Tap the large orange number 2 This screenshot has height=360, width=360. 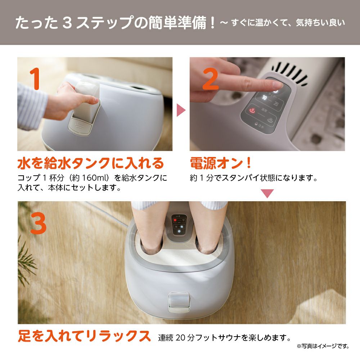click(211, 79)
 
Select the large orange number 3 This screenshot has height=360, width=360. click(39, 223)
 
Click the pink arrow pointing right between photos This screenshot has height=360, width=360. click(181, 110)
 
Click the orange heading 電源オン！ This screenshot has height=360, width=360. click(221, 163)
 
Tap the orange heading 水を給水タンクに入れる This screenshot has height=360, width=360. click(91, 163)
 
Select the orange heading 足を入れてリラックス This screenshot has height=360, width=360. click(84, 336)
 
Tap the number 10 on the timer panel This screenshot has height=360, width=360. click(264, 98)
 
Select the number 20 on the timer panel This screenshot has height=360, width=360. click(276, 104)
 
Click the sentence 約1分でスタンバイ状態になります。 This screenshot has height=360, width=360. click(254, 178)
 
